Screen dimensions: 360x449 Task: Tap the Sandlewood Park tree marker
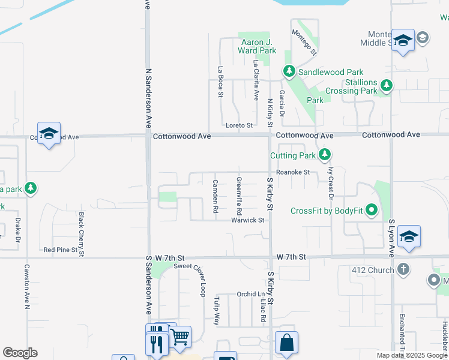click(289, 72)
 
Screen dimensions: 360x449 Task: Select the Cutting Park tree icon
click(325, 155)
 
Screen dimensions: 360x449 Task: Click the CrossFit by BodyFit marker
click(372, 210)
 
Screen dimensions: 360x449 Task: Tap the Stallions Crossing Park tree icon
click(387, 86)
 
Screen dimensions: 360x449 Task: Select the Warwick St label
click(248, 220)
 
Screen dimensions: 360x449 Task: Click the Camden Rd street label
click(215, 197)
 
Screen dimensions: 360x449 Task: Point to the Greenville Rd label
click(239, 196)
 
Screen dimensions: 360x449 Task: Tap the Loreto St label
click(239, 125)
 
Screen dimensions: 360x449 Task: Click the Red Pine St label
click(61, 250)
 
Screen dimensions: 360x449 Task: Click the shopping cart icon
click(179, 338)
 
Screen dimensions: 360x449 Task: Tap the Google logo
click(20, 353)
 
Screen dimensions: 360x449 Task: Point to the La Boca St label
click(220, 82)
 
